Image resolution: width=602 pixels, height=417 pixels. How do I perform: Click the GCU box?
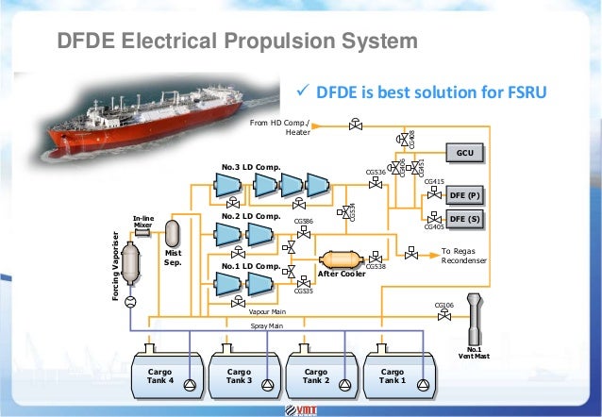point(464,153)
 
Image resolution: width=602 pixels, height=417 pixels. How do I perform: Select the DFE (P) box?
point(465,195)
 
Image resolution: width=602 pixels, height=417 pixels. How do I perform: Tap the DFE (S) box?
point(465,219)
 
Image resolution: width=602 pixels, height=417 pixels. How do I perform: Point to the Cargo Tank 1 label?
point(393,376)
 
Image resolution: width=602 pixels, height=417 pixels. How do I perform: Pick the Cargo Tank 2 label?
point(315,376)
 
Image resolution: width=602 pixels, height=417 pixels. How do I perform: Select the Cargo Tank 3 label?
point(238,376)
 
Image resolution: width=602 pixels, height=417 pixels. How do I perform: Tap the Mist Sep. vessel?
point(173,232)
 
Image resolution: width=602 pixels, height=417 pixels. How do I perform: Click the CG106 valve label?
point(444,306)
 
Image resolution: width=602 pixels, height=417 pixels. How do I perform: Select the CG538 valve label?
point(375,267)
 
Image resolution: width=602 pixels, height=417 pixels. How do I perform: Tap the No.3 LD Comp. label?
point(250,167)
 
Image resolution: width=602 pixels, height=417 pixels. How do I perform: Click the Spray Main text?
point(267,325)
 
